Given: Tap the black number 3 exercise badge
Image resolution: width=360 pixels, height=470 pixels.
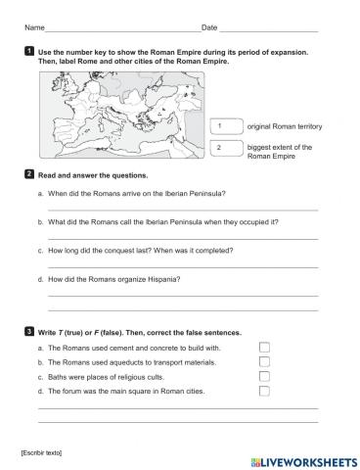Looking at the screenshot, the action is coord(30,334).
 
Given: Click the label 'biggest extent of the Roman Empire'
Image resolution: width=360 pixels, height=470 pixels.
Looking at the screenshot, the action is coord(280,151).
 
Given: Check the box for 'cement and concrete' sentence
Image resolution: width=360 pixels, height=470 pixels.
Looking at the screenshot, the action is coord(264,347).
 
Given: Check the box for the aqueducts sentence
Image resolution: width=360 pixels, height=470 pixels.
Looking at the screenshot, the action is coord(264,361).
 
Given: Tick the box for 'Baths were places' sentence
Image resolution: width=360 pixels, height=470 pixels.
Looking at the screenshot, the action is coord(264,376).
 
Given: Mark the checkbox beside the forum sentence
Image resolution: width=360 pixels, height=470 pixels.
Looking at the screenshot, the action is coord(264,391).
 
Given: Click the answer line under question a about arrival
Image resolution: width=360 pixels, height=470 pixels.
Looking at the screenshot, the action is coord(182,209).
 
